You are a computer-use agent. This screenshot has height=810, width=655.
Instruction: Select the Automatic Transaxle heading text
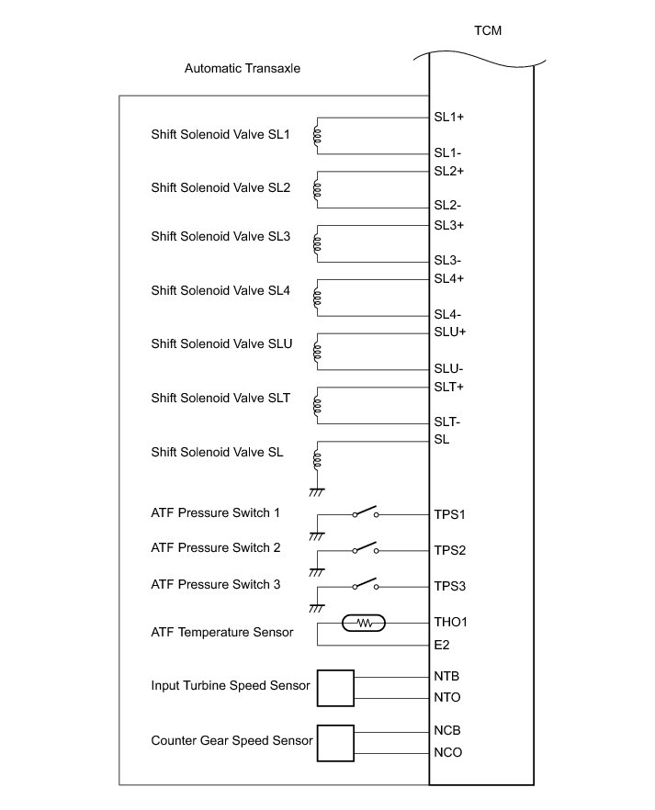tap(243, 68)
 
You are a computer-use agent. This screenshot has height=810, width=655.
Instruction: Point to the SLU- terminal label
tap(449, 369)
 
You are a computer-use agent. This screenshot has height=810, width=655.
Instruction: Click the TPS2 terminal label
tap(450, 551)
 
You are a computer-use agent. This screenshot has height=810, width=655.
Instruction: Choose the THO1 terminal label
tap(451, 623)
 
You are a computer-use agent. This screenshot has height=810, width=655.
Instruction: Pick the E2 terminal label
tap(442, 645)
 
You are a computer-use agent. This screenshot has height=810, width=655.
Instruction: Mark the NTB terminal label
tap(447, 676)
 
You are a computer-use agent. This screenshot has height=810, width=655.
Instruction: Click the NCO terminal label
tap(447, 753)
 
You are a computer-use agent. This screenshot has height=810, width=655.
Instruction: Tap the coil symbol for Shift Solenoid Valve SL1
tap(317, 136)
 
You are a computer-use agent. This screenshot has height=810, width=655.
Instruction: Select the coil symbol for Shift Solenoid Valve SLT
tap(317, 404)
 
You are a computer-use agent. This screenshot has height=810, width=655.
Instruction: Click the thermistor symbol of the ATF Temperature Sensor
tap(366, 623)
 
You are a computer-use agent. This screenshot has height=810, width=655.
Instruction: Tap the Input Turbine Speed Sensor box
tap(335, 688)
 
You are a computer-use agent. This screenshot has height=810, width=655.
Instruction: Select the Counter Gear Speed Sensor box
tap(335, 742)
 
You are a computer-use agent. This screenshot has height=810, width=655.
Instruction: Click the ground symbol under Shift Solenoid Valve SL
tap(317, 491)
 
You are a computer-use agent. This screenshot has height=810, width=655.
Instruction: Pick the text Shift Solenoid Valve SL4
tap(220, 291)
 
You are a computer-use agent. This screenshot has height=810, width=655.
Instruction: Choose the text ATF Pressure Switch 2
tap(216, 548)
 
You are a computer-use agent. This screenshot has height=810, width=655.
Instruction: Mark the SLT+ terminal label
tap(449, 387)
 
